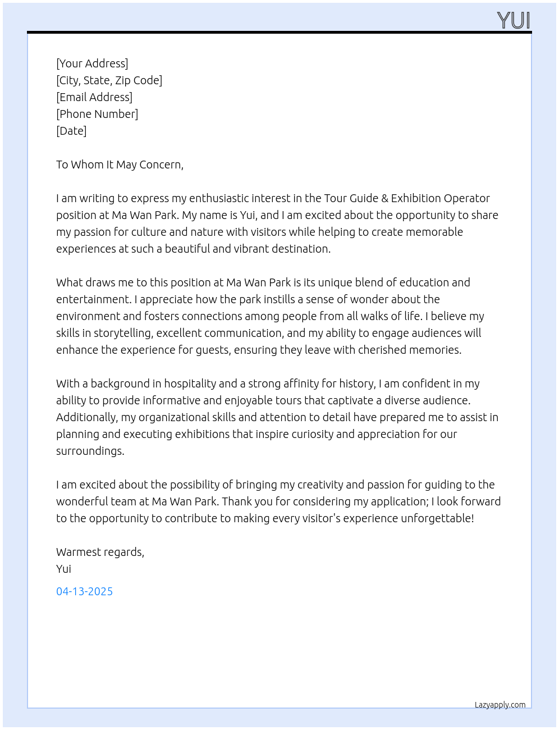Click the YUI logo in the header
[513, 20]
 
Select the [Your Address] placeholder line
[92, 63]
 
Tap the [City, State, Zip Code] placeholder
[109, 80]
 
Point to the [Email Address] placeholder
[94, 97]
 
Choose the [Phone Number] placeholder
[97, 114]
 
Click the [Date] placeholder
[71, 131]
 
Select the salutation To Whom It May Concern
[120, 165]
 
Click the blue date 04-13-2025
[84, 591]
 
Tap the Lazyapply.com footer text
[500, 705]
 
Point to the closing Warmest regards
[100, 552]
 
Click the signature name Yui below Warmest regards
[63, 569]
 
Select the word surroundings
[90, 451]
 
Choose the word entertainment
[92, 299]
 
